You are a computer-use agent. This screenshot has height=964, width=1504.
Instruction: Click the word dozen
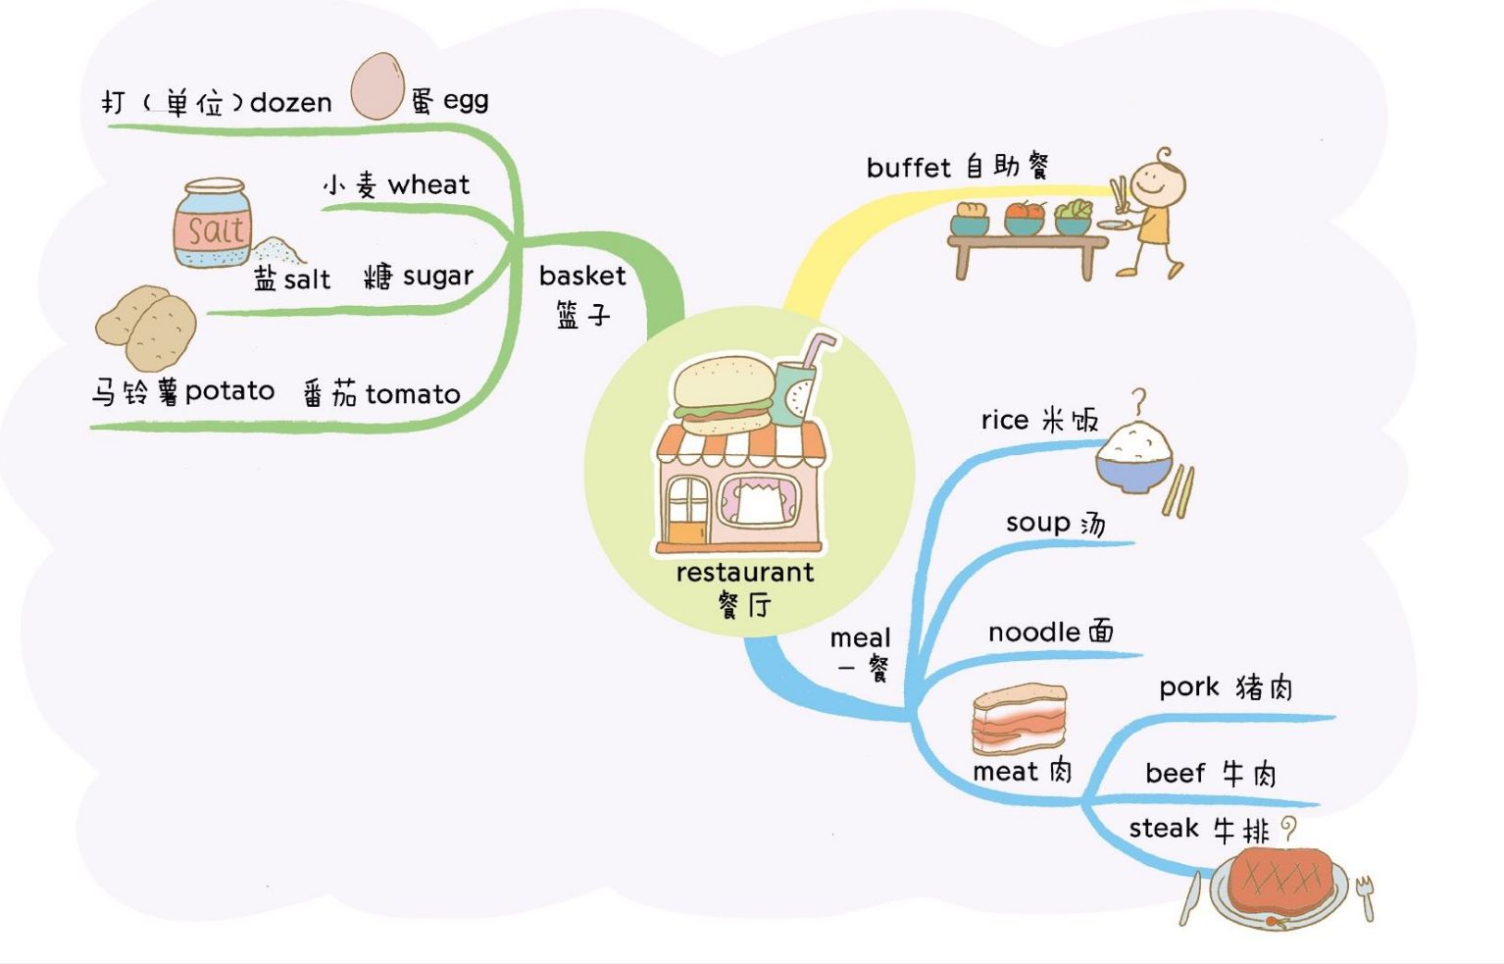click(291, 102)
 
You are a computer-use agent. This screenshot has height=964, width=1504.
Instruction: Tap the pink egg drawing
click(377, 86)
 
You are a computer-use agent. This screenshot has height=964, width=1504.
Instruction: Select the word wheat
click(428, 184)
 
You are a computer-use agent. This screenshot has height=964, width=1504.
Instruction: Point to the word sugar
click(437, 277)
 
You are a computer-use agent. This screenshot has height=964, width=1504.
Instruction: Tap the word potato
click(229, 391)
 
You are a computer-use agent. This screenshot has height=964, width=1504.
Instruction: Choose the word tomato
click(413, 394)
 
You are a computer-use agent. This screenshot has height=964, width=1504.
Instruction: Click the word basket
click(582, 277)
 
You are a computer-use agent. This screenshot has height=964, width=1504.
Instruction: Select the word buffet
click(909, 168)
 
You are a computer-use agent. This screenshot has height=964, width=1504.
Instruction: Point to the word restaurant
click(745, 573)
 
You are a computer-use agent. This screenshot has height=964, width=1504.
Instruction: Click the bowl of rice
click(1134, 457)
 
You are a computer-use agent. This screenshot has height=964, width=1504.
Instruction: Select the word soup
click(1037, 523)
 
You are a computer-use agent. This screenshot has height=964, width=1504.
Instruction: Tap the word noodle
click(1034, 633)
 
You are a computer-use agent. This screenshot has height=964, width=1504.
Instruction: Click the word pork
click(1189, 687)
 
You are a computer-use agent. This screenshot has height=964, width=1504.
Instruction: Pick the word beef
click(1175, 774)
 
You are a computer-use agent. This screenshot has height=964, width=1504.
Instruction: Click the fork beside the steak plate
click(1365, 897)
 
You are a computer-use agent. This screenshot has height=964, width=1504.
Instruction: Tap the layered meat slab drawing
click(1019, 719)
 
